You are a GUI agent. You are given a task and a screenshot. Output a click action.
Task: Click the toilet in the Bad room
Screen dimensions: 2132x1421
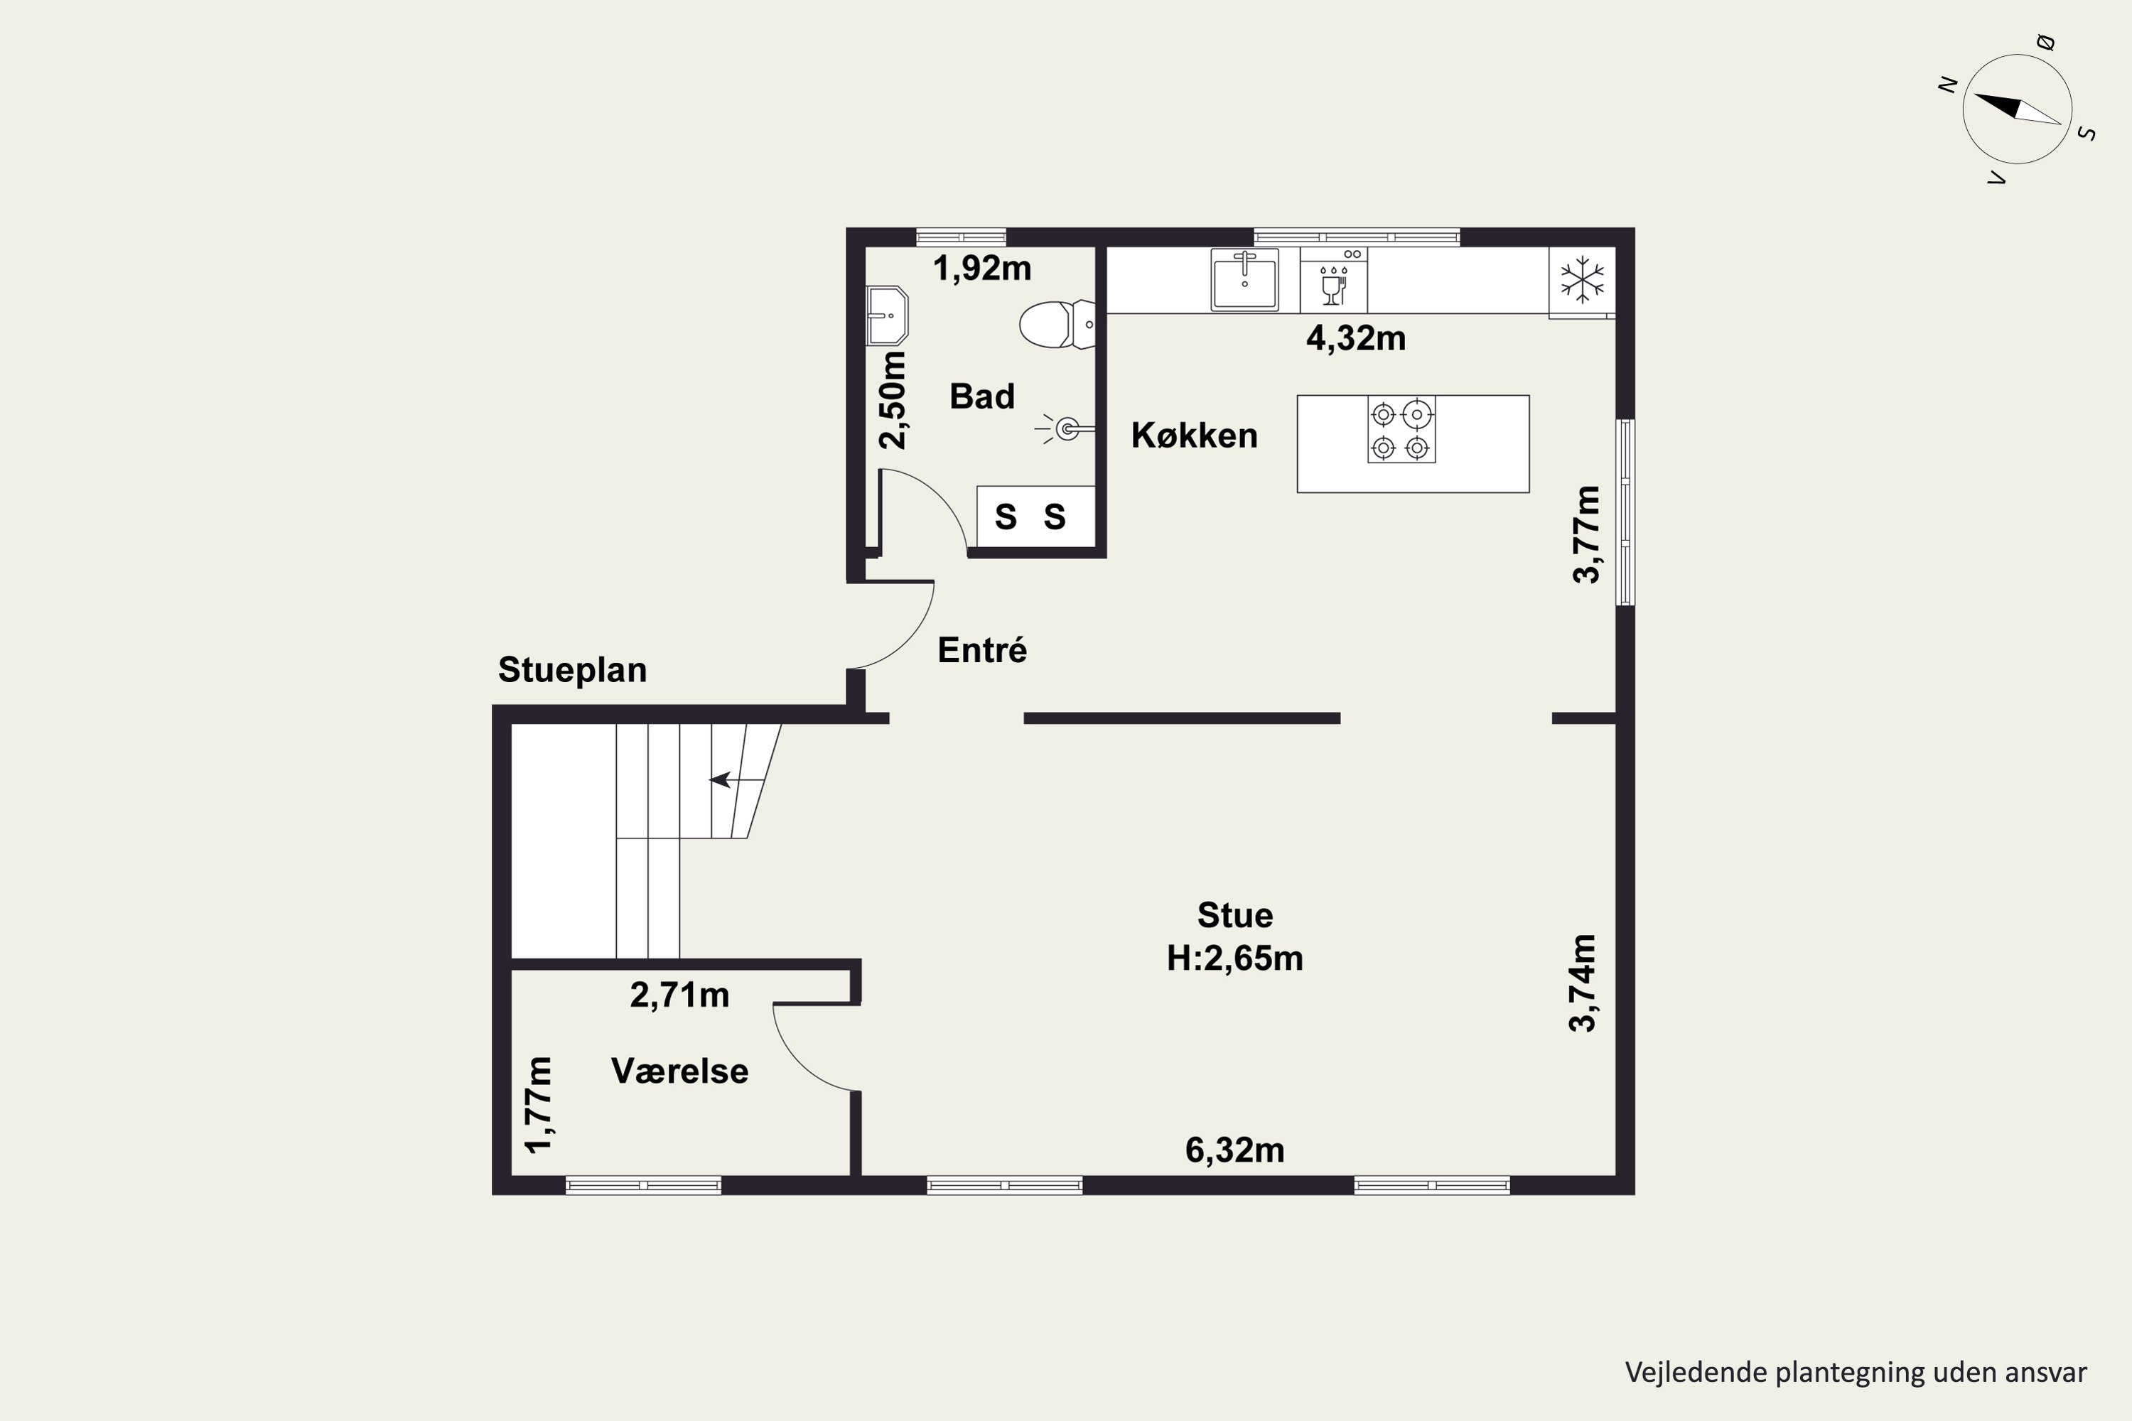[1057, 325]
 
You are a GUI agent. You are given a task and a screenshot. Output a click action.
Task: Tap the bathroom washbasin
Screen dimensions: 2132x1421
[888, 315]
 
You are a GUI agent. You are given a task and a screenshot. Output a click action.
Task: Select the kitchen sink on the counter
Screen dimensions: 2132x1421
[1244, 279]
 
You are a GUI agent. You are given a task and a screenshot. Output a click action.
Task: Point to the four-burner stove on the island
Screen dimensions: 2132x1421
[1401, 430]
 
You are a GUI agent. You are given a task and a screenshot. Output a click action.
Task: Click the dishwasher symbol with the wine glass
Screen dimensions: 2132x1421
[1333, 280]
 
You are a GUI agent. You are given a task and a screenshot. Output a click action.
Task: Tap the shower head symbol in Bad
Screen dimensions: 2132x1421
[1065, 428]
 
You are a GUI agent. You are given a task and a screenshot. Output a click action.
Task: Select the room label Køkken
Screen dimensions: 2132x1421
[1194, 436]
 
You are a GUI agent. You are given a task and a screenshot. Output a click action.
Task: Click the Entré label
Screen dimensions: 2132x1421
[981, 650]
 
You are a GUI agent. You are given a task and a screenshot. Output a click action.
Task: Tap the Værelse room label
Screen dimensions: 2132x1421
[680, 1071]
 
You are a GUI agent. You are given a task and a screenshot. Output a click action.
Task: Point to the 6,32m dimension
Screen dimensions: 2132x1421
[1234, 1150]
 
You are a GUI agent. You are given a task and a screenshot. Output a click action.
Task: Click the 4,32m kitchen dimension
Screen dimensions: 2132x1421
[1356, 338]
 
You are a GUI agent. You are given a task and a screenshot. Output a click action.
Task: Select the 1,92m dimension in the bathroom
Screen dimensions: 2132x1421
[981, 269]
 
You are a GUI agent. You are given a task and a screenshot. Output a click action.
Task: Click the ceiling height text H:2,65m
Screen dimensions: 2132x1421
[1234, 958]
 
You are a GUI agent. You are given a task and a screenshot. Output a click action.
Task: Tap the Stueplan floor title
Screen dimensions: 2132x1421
[572, 671]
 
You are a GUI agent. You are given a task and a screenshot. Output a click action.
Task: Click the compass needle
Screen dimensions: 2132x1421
[2018, 109]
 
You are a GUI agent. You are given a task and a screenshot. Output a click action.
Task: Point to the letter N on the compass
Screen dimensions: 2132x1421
[1947, 85]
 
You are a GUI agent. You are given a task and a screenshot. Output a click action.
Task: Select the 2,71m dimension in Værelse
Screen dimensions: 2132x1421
[680, 995]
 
